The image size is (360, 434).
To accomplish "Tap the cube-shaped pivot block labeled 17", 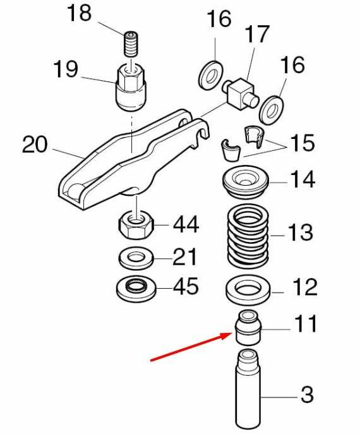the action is click(x=240, y=93).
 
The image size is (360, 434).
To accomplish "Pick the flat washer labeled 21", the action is click(x=136, y=259).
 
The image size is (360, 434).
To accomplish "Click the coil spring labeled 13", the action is click(x=248, y=236).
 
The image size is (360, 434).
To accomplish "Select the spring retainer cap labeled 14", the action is click(x=246, y=182).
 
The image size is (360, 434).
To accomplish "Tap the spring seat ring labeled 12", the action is click(x=248, y=289).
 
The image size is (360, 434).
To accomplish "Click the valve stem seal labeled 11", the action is click(x=248, y=327).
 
